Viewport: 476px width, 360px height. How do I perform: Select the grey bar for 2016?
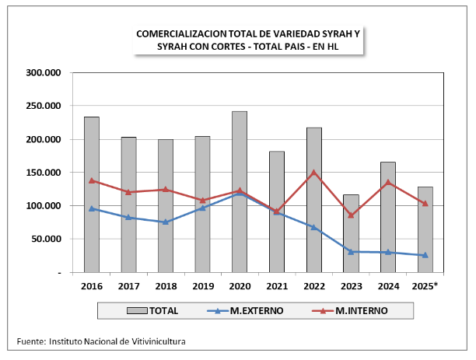91,195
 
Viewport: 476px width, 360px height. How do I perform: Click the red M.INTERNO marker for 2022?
313,173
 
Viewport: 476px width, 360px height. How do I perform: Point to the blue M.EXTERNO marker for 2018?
165,222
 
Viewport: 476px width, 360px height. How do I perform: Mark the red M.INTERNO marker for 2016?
91,180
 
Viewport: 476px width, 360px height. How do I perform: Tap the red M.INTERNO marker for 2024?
387,183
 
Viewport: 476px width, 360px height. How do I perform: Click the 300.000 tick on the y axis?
44,73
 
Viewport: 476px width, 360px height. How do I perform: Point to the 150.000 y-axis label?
44,173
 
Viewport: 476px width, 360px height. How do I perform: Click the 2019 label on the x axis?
202,287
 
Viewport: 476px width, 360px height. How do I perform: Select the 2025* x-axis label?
425,287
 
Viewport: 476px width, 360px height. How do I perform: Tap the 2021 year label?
276,287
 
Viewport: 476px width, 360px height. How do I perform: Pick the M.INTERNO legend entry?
361,311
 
